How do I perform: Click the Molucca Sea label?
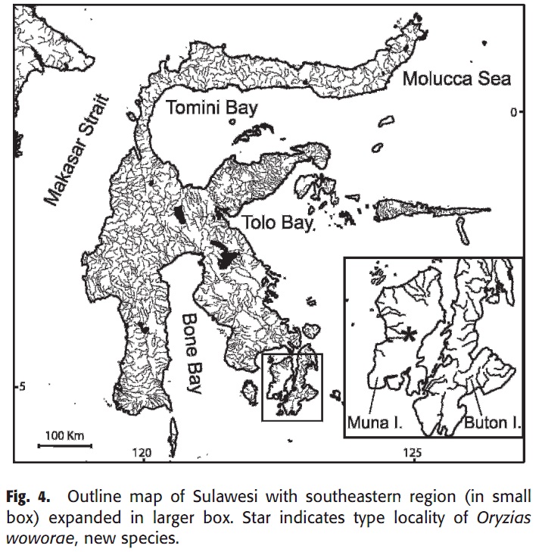point(456,78)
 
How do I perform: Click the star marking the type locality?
point(410,335)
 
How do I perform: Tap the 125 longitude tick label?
point(413,453)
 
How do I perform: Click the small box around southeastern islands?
point(292,386)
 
